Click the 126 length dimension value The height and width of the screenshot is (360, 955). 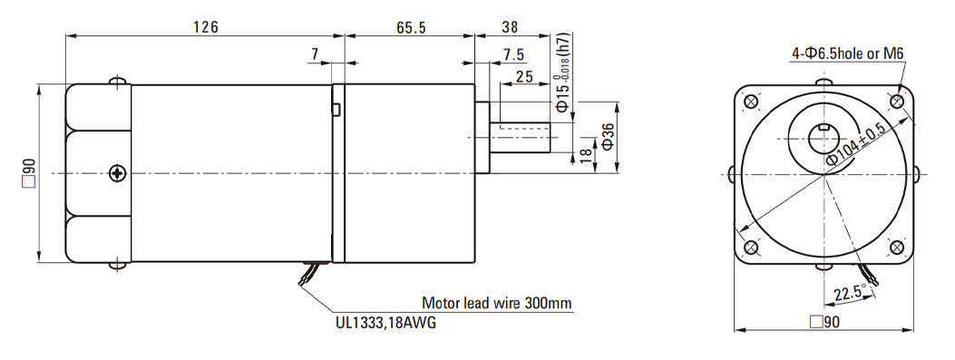coord(206,27)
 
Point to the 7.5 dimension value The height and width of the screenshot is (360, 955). coord(513,54)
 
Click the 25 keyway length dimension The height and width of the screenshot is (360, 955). coord(524,77)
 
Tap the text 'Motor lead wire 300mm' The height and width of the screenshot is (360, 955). coord(497,304)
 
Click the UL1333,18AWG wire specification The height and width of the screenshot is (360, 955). coord(385,323)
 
